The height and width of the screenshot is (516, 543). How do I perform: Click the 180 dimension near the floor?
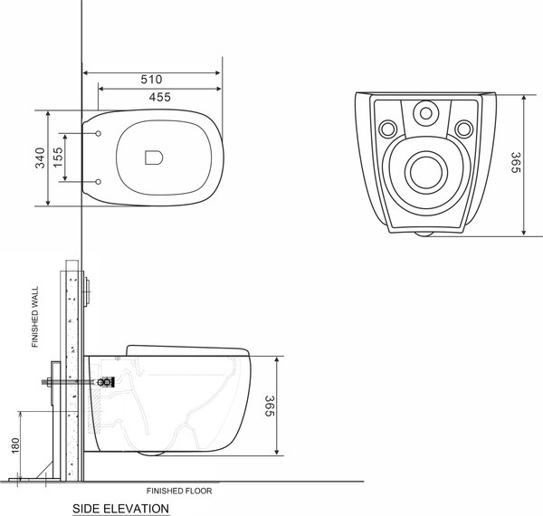tap(14, 447)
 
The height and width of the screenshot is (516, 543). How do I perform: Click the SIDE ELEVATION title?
tap(121, 509)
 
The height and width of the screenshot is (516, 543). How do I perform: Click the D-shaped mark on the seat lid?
tap(151, 158)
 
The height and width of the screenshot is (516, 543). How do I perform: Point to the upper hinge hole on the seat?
tap(97, 133)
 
